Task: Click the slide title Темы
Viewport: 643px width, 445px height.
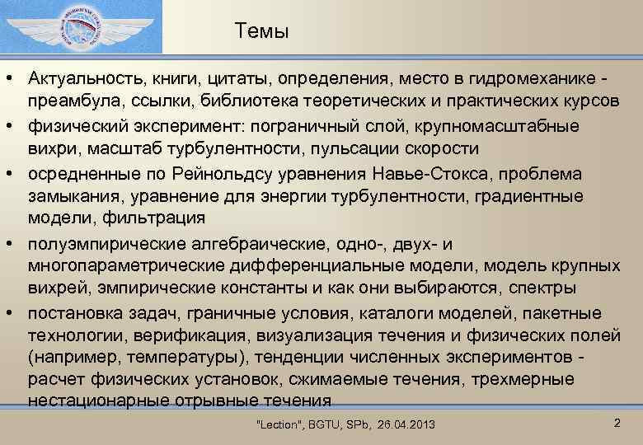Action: (x=261, y=32)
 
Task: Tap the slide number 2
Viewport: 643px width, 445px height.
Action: (x=617, y=422)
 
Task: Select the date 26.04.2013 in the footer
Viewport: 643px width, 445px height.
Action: (x=406, y=424)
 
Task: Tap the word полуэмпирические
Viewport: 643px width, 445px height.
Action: (x=105, y=244)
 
